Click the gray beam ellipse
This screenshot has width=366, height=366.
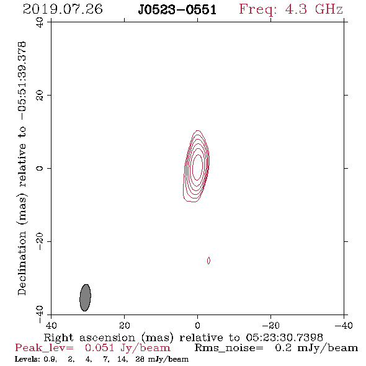click(85, 298)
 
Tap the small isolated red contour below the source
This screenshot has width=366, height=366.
click(208, 261)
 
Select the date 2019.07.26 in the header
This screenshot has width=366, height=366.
click(63, 9)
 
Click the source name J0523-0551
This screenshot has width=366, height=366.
click(177, 10)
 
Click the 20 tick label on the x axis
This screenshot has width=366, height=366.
click(125, 325)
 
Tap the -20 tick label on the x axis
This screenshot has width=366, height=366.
click(270, 325)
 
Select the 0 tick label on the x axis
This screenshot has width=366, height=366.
click(197, 325)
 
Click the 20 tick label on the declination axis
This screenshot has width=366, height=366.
click(40, 96)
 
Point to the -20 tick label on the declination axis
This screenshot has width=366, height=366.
click(40, 241)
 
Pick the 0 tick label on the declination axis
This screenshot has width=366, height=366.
click(40, 168)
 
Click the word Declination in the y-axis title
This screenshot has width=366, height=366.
click(22, 264)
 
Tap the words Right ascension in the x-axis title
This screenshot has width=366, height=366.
click(89, 337)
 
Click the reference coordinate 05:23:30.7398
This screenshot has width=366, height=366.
click(284, 337)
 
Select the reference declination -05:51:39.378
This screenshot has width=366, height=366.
click(22, 81)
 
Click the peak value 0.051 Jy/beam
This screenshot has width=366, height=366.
click(127, 348)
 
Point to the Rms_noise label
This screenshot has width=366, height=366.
click(229, 348)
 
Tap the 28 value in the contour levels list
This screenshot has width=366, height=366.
click(140, 359)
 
